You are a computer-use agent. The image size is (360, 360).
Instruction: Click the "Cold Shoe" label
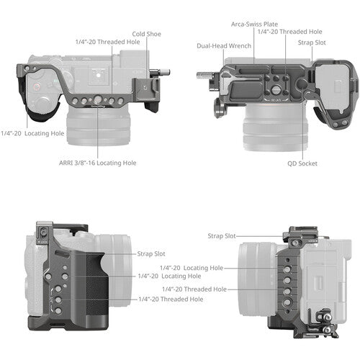coord(148,33)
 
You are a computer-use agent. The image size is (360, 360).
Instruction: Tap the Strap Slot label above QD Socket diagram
coord(312,42)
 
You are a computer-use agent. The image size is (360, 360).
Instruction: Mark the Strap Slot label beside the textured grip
coord(152,253)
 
